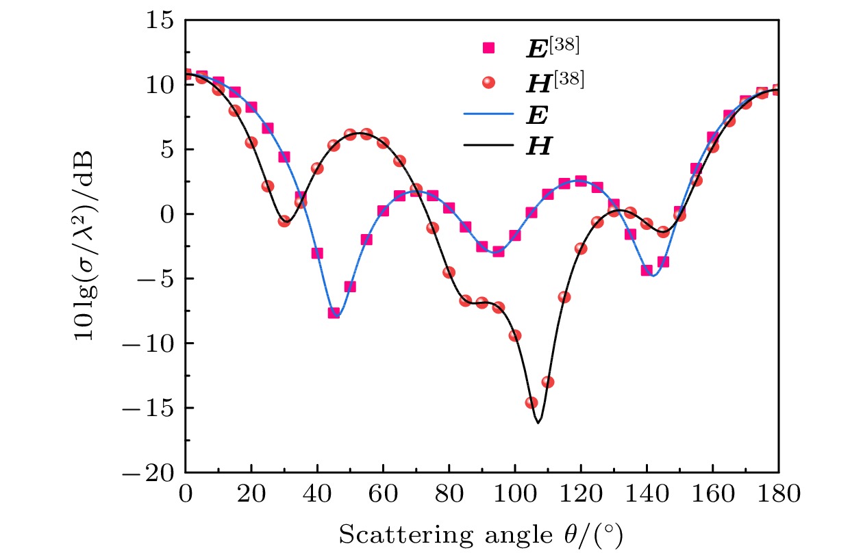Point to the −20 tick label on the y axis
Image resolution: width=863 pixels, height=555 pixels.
click(154, 473)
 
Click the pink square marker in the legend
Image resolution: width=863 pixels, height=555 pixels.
click(489, 48)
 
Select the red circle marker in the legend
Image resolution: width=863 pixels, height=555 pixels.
click(489, 82)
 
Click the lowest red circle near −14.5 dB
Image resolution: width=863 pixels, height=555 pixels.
click(531, 402)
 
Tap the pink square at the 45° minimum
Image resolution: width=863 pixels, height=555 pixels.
click(334, 313)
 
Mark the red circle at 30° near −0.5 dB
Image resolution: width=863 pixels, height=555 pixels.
click(284, 221)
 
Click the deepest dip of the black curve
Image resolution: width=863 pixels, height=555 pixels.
click(538, 423)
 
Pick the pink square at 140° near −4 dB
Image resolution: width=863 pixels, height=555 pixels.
click(647, 270)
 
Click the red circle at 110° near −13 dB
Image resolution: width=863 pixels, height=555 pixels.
click(548, 382)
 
